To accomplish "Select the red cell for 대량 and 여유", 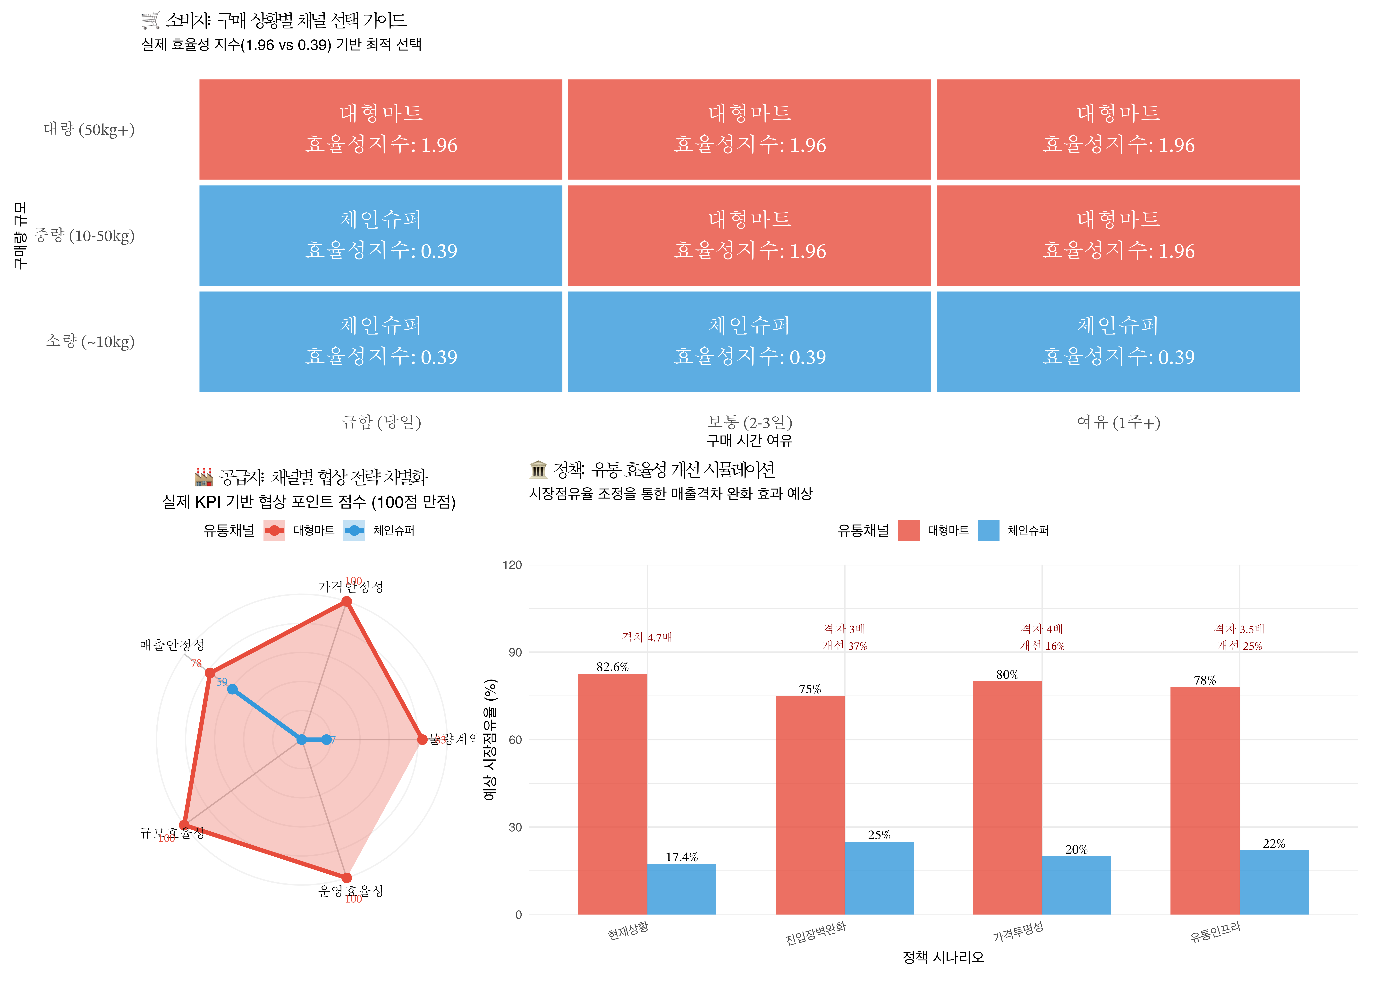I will pos(1118,129).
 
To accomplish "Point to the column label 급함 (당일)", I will pos(381,422).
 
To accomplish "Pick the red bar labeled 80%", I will pos(1007,797).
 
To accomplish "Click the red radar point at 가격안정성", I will pos(347,601).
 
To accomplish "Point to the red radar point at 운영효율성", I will pos(347,878).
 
